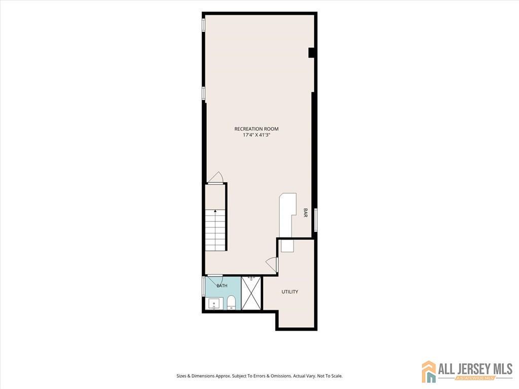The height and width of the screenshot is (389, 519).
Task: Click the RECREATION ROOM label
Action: click(x=256, y=129)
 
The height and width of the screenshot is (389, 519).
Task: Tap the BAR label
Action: click(x=305, y=213)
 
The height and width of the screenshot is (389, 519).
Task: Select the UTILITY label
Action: click(x=289, y=292)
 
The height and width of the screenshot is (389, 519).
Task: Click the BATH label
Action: click(x=222, y=286)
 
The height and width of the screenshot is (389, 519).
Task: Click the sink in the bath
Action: click(x=214, y=303)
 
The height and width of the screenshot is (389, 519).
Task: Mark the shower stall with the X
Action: click(x=251, y=293)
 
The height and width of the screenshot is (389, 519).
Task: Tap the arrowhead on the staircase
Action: click(x=215, y=210)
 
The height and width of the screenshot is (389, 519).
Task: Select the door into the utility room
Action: click(x=272, y=263)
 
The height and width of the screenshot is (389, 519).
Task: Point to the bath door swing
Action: click(x=214, y=280)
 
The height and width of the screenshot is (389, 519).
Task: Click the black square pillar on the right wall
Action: click(x=311, y=53)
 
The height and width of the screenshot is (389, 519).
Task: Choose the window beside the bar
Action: click(x=316, y=220)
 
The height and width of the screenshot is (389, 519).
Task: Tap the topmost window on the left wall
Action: click(x=204, y=26)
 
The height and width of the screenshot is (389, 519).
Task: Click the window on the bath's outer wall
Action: click(x=204, y=286)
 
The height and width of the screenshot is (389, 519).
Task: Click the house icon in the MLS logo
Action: click(x=429, y=371)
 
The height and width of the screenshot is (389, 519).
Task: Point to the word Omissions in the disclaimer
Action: click(x=281, y=376)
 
